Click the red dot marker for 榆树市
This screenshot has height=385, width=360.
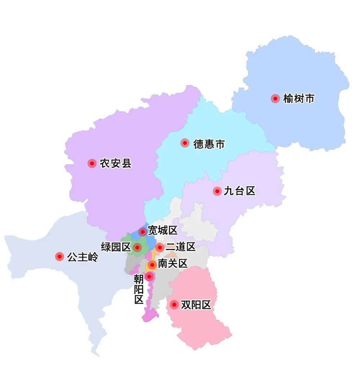(275, 99)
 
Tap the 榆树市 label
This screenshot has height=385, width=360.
(299, 99)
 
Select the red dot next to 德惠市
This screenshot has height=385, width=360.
(185, 143)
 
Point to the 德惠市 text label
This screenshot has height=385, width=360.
(209, 144)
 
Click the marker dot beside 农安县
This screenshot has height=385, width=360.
(92, 164)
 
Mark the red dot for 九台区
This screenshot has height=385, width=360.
(217, 191)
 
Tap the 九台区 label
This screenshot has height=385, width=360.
(239, 191)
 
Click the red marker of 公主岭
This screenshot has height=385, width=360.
(60, 256)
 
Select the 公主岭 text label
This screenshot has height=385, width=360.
(82, 257)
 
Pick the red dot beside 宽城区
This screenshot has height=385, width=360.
(143, 231)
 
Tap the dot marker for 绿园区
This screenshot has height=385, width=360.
(137, 247)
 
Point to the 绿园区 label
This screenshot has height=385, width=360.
(116, 247)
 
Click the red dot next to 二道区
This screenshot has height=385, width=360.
(160, 247)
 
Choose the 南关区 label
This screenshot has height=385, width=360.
(173, 264)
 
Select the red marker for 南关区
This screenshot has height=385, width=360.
(152, 265)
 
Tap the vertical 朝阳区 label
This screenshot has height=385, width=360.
(139, 289)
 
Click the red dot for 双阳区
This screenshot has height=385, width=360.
(174, 305)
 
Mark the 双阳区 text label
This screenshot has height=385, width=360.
(196, 305)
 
